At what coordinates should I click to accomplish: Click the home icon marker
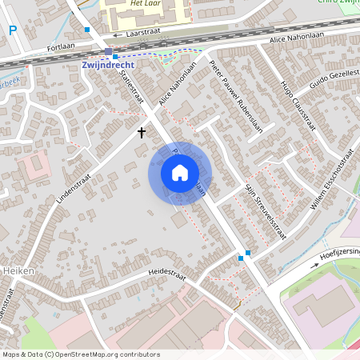pyautogui.click(x=180, y=173)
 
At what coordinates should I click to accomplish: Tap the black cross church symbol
pyautogui.click(x=142, y=132)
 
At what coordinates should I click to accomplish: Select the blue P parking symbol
pyautogui.click(x=12, y=30)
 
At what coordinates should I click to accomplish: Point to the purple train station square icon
pyautogui.click(x=108, y=52)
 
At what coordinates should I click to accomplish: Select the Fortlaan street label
pyautogui.click(x=61, y=48)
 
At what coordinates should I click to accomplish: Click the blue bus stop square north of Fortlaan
pyautogui.click(x=86, y=30)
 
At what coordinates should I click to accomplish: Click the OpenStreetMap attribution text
pyautogui.click(x=80, y=354)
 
